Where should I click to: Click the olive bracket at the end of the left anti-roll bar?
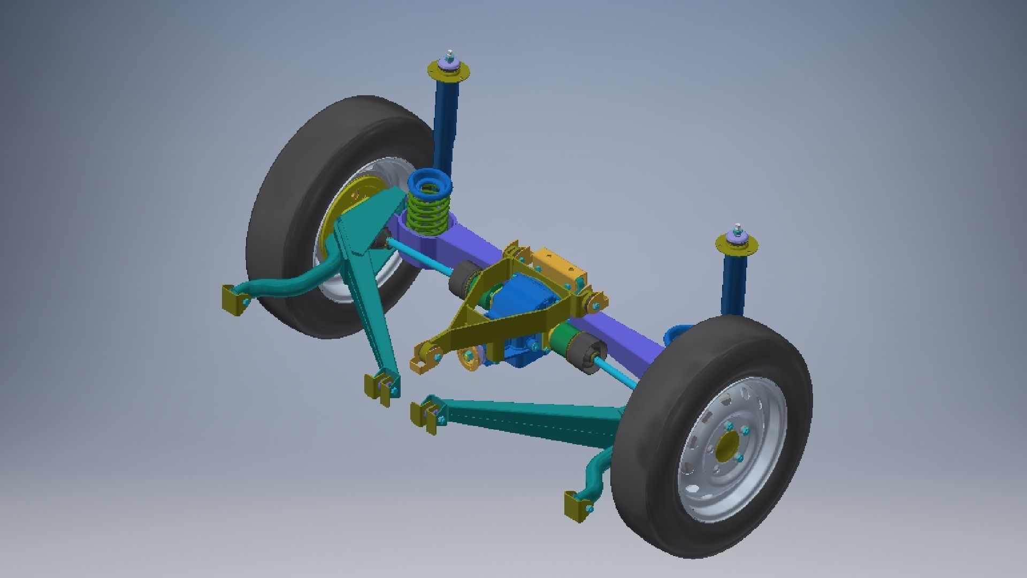(233, 300)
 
